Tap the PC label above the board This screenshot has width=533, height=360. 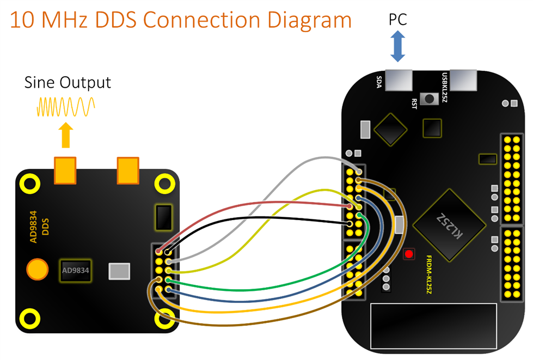coord(397,20)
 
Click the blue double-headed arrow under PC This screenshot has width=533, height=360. coord(398,46)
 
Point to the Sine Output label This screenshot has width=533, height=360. coord(68,83)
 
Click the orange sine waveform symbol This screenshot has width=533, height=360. coord(66,107)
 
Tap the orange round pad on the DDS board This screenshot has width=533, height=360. coord(38,269)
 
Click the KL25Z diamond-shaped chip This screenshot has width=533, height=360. coord(449,224)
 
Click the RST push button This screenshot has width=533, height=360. coord(431,99)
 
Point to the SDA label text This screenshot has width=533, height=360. coord(379,82)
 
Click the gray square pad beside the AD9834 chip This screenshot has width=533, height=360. coord(120,271)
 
